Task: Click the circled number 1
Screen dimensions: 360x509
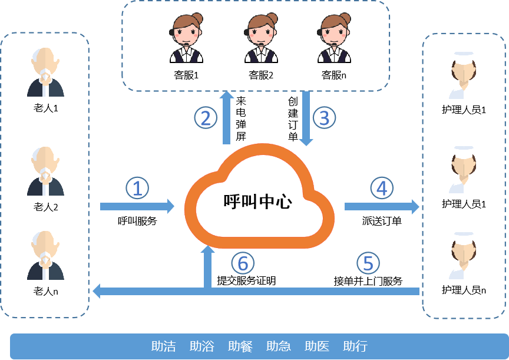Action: pos(137,189)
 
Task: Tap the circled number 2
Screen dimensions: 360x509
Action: pos(206,118)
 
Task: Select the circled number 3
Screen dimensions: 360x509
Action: pos(323,118)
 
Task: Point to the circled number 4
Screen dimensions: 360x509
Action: pos(382,189)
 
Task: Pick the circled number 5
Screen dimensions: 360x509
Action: pos(368,263)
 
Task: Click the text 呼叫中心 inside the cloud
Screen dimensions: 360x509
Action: pos(257,202)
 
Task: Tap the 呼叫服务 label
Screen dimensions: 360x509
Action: pos(137,222)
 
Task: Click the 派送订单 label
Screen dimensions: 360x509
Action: pos(382,222)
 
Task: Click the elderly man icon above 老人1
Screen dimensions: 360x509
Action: pos(45,74)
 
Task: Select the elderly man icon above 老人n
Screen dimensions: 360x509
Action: pos(45,256)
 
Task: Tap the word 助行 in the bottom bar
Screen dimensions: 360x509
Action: pos(355,346)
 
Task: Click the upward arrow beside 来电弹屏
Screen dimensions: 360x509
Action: pos(226,118)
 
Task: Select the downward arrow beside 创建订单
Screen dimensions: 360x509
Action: pos(306,118)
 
